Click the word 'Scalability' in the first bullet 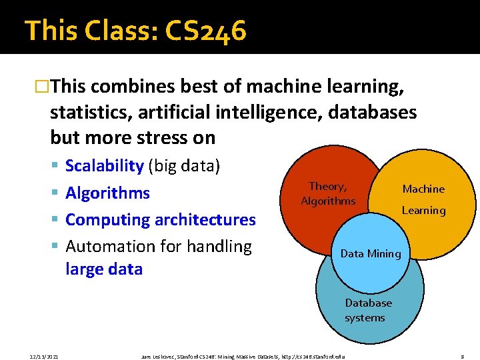point(105,166)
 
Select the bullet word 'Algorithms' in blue point(107,193)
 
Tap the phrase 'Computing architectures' point(161,219)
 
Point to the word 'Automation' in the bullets point(109,246)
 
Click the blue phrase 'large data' point(104,269)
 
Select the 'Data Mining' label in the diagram point(371,253)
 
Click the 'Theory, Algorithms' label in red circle point(328,194)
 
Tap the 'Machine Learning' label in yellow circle point(423,199)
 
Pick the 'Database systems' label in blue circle point(368,310)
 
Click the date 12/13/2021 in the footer point(44,357)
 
